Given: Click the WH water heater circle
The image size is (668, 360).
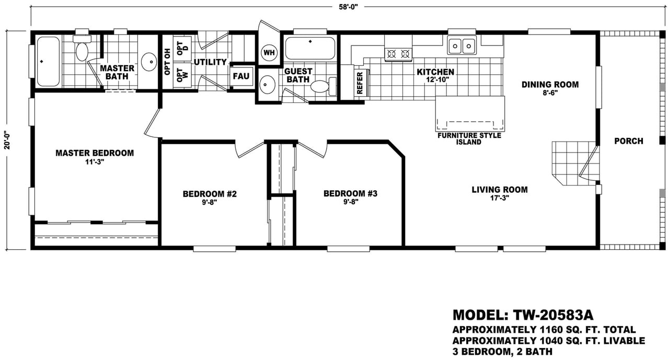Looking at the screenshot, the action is [269, 53].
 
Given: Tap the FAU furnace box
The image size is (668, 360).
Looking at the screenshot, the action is [241, 76].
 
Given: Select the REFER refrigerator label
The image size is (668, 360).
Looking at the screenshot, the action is [360, 83].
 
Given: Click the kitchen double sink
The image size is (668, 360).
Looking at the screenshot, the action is [462, 45].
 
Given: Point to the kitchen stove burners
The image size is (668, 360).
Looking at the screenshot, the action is [398, 54].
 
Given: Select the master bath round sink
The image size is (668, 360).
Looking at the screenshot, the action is [149, 62].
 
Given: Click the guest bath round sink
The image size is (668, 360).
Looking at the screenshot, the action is [267, 85].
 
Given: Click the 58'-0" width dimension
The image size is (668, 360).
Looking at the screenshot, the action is [348, 7].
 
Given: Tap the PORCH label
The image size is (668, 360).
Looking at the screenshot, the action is [629, 141].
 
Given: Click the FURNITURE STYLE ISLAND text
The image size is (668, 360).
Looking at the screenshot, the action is [469, 139].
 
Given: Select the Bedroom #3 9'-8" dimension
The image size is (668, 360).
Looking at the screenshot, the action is [350, 202].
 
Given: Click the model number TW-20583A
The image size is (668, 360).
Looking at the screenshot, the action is [553, 315].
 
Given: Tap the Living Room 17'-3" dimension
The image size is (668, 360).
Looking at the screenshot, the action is [500, 198].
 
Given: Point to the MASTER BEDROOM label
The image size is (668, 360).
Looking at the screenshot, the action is [95, 153].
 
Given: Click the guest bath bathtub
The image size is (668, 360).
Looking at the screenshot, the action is [310, 48].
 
